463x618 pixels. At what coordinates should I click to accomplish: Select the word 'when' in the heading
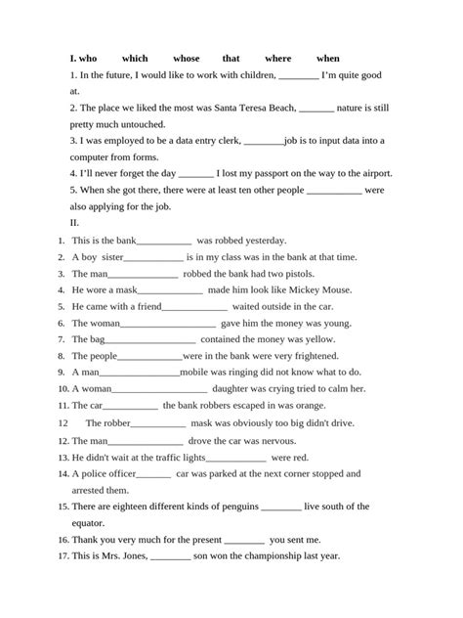coord(328,59)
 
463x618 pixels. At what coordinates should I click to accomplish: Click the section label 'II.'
coord(75,222)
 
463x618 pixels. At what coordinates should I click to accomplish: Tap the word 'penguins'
coord(231,507)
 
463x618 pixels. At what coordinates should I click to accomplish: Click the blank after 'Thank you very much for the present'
coord(243,539)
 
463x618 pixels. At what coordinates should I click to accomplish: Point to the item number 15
coord(63,507)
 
